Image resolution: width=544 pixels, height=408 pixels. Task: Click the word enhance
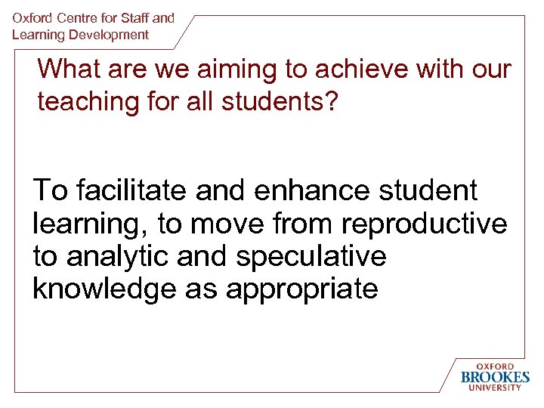(x=311, y=190)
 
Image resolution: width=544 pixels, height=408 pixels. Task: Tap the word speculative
(x=311, y=257)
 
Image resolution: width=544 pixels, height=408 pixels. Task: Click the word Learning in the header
(x=38, y=35)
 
